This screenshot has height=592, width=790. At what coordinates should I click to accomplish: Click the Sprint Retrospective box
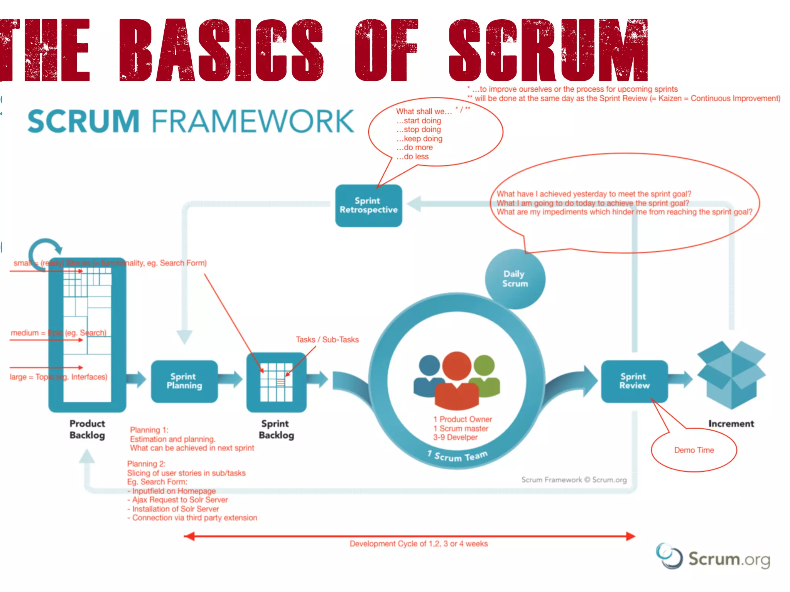click(x=368, y=205)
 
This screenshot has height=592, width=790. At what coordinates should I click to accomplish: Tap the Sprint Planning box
click(x=184, y=381)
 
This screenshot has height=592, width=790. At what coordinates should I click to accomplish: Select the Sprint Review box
click(x=634, y=381)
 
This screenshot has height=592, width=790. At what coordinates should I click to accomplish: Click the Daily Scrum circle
click(x=515, y=279)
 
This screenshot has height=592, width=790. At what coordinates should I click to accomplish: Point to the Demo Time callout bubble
click(x=694, y=450)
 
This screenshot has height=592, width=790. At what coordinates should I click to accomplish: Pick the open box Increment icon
click(x=731, y=374)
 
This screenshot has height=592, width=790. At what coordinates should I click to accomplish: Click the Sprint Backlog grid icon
click(x=276, y=382)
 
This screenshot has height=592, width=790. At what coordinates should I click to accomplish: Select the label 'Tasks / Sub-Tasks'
click(x=327, y=340)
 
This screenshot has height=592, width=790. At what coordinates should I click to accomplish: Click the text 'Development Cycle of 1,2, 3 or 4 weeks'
click(x=419, y=544)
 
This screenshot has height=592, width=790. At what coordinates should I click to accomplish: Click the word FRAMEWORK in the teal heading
click(x=253, y=121)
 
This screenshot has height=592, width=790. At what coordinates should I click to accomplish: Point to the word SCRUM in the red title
click(x=548, y=50)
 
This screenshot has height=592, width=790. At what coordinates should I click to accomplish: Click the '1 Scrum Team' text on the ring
click(x=457, y=456)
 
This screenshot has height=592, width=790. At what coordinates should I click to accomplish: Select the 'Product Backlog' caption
click(x=87, y=429)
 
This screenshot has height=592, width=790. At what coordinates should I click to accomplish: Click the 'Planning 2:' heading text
click(x=146, y=464)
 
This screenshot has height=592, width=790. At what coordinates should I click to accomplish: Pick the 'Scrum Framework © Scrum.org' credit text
click(x=574, y=480)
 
